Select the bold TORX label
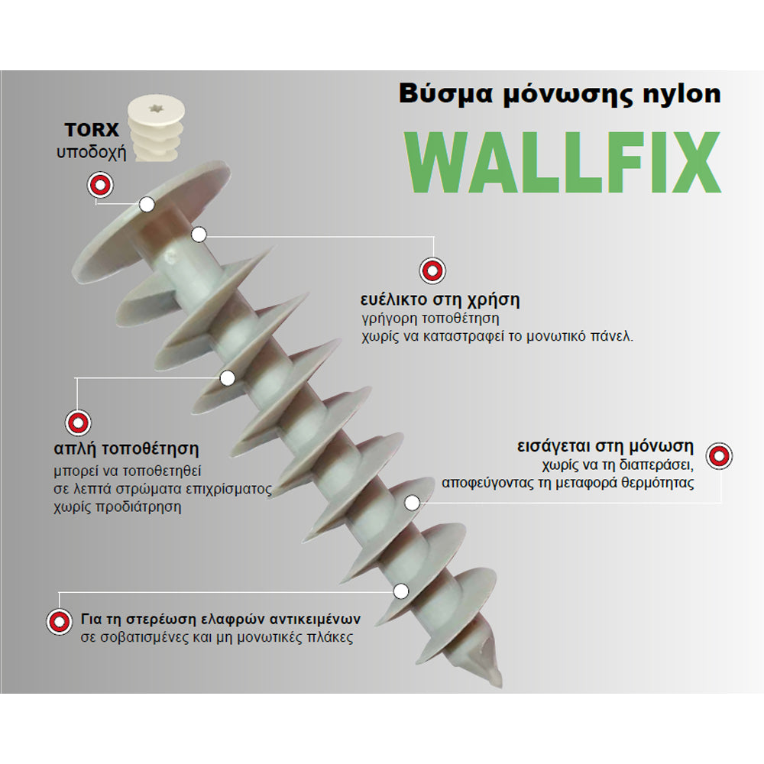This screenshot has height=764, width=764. (x=92, y=130)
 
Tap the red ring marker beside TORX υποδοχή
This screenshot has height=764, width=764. (x=100, y=185)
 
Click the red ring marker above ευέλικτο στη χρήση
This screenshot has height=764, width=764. (x=432, y=270)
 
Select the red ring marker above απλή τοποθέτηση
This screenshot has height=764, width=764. (x=78, y=422)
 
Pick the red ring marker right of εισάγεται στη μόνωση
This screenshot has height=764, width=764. (x=719, y=456)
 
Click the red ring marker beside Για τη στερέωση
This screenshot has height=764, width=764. (x=60, y=621)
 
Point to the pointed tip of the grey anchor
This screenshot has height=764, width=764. (x=501, y=685)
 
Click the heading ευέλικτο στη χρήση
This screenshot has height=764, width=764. (x=440, y=299)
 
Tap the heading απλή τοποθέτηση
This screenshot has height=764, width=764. (x=127, y=448)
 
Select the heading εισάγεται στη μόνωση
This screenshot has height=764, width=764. (x=605, y=446)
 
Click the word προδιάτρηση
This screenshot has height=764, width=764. (x=138, y=507)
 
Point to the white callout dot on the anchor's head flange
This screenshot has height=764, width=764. (x=147, y=205)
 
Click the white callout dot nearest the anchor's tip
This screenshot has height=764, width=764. (x=400, y=591)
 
